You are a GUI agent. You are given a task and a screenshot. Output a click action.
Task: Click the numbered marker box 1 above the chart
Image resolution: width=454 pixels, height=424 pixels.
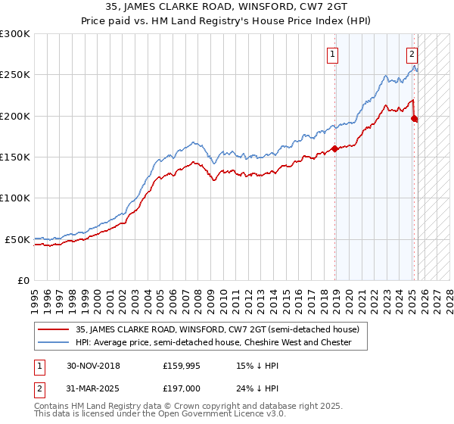pyautogui.click(x=333, y=54)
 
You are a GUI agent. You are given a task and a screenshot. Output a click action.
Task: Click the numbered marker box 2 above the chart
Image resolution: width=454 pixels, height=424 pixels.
pyautogui.click(x=412, y=54)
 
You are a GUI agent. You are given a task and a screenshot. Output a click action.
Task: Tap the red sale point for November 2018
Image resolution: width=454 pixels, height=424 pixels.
pyautogui.click(x=334, y=149)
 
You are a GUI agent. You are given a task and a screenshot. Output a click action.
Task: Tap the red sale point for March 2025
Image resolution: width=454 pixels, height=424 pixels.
pyautogui.click(x=414, y=118)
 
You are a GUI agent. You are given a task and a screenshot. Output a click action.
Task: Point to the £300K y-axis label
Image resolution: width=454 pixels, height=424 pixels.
pyautogui.click(x=15, y=34)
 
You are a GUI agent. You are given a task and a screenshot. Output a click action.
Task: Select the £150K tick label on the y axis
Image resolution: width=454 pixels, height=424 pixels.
pyautogui.click(x=15, y=157)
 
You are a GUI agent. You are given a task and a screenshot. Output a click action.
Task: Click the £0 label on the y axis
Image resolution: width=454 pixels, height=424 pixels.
pyautogui.click(x=23, y=280)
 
